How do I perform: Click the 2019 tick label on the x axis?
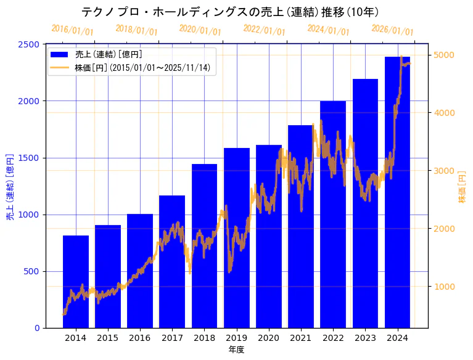pos(236,338)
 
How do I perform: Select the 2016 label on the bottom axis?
pos(140,338)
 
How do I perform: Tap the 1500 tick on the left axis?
pos(31,158)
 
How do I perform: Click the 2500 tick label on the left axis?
pos(31,44)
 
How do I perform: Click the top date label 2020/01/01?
pos(200,30)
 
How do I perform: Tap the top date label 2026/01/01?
pos(392,30)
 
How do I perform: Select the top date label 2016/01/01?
pos(72,30)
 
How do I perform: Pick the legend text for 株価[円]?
pos(141,68)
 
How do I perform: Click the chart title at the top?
pos(229,12)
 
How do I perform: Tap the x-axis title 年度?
pos(236,350)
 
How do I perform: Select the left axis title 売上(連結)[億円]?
pos(10,187)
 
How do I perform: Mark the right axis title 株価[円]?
pos(462,187)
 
